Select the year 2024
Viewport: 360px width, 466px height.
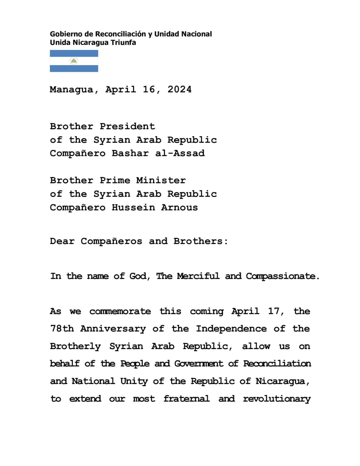(179, 89)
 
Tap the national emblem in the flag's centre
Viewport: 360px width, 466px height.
(74, 61)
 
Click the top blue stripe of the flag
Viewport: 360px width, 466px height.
(74, 53)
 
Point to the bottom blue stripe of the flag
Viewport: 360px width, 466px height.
(74, 69)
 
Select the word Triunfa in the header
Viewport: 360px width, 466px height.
(124, 42)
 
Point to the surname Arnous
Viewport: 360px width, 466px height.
(179, 207)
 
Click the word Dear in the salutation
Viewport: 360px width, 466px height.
(62, 241)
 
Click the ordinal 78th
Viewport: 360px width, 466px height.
(62, 329)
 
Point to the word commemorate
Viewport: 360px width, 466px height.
(120, 311)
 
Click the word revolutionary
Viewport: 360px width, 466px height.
(277, 398)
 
